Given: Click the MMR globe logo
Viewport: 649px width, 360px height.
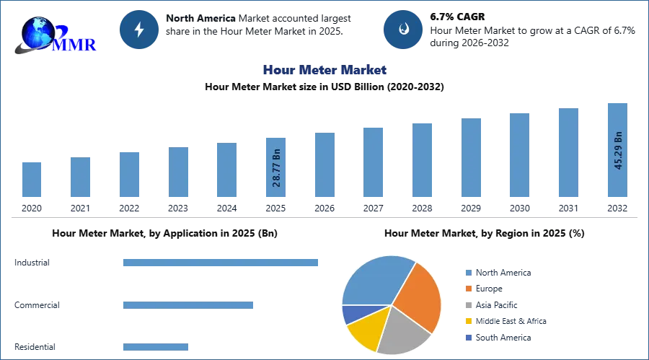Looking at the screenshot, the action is [x=55, y=35].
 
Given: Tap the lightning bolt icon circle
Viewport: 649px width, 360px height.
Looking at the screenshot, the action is [x=139, y=30].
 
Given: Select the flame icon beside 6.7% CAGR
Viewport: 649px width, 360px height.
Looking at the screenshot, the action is [x=403, y=30].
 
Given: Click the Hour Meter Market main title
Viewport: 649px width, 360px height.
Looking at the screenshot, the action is [x=324, y=69].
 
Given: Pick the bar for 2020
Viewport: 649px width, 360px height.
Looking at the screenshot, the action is [x=32, y=180].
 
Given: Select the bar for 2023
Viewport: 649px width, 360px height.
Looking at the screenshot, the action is [x=178, y=172].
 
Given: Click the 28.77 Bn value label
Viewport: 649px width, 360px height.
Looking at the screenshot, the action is [x=276, y=168].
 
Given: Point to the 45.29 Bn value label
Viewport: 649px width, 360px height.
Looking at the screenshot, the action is [x=618, y=150].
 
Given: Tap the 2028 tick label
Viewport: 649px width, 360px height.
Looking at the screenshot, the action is [x=422, y=208].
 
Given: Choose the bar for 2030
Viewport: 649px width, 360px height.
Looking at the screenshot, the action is [x=519, y=155].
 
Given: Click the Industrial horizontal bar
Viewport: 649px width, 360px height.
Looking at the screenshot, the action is [x=221, y=263].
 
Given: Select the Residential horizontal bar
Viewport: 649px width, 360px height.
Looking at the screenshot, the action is [x=156, y=347].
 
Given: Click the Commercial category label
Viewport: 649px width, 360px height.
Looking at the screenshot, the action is [x=37, y=305].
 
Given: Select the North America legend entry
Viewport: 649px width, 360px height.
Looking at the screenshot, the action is [x=498, y=273].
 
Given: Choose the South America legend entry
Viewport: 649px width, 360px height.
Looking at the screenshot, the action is [x=498, y=338].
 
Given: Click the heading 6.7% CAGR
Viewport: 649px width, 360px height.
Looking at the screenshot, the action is [x=457, y=17].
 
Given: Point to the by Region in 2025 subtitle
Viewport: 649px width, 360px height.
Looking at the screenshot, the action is [x=485, y=233].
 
